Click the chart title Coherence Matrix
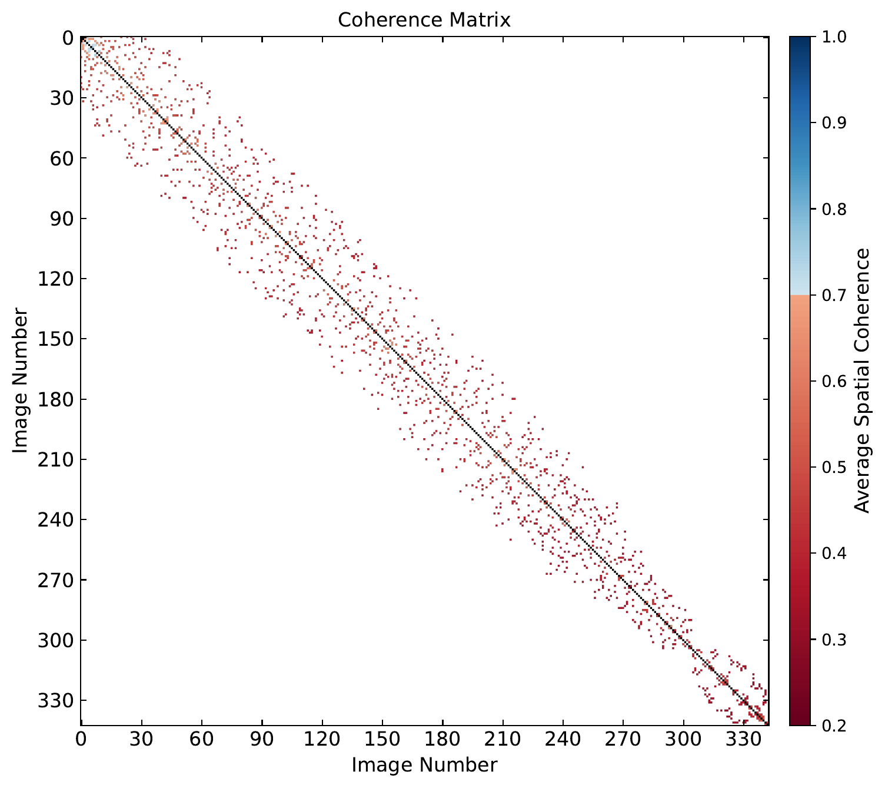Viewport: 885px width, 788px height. click(424, 20)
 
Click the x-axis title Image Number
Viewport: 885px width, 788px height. click(424, 764)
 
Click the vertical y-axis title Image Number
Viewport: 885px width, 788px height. click(21, 380)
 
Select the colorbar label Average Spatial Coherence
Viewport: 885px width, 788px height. click(862, 380)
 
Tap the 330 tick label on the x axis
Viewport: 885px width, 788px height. click(744, 739)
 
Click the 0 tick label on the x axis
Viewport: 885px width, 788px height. click(81, 739)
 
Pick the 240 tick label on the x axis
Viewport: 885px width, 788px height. click(563, 739)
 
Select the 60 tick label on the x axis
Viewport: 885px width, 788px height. click(202, 739)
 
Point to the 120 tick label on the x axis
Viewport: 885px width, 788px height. click(322, 739)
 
